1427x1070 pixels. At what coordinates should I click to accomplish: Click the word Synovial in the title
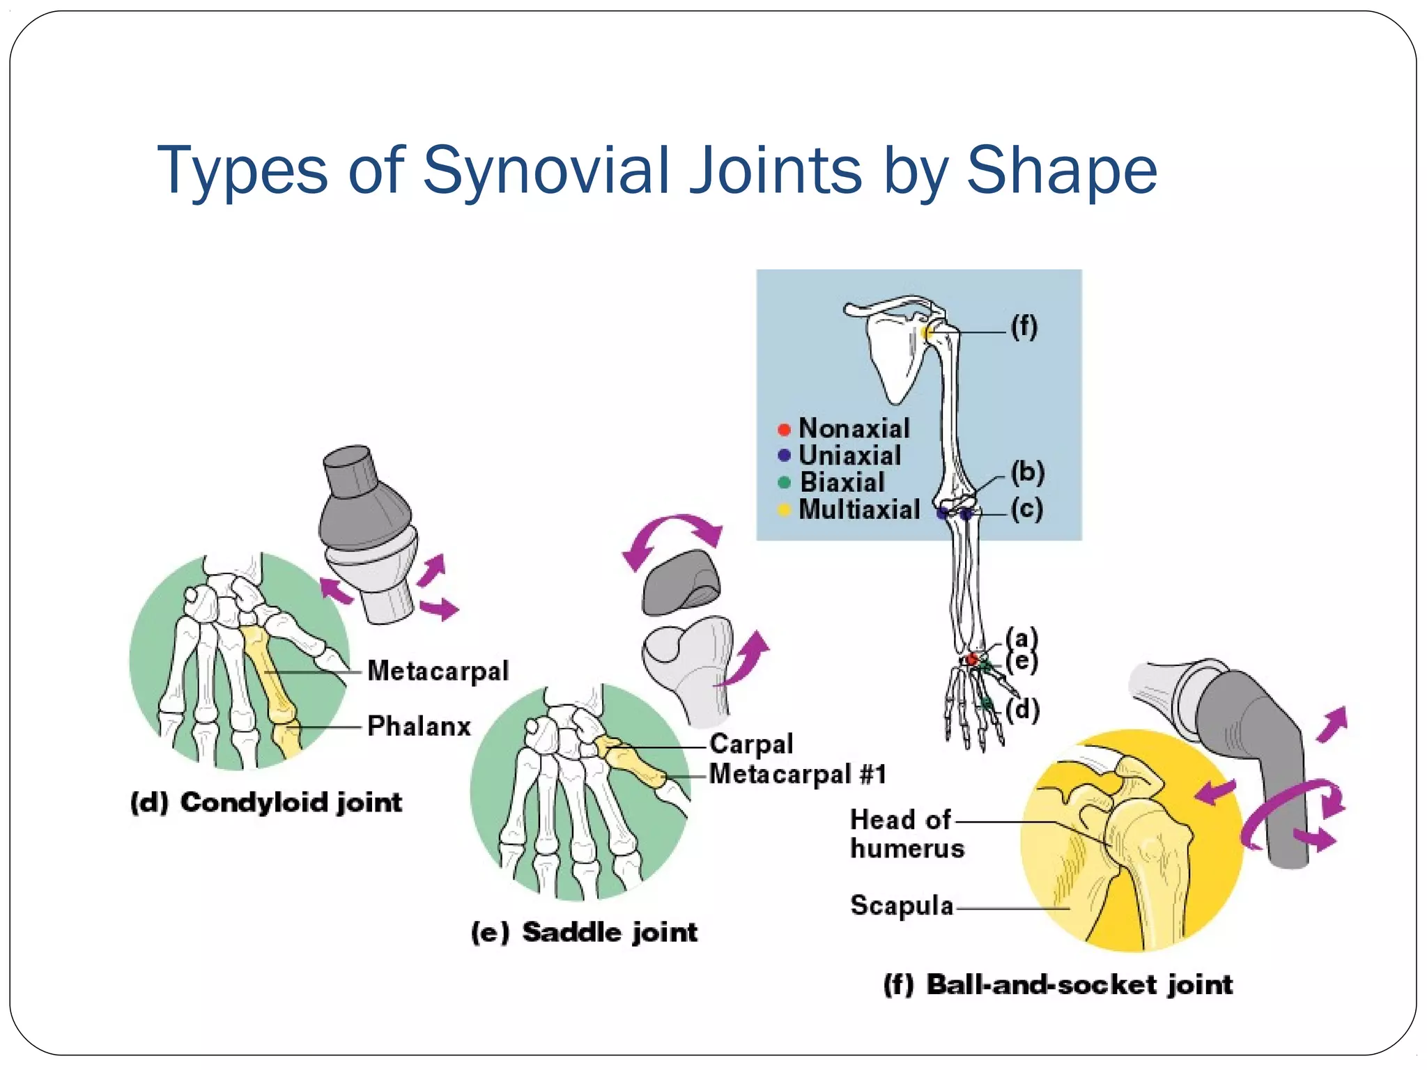pyautogui.click(x=547, y=170)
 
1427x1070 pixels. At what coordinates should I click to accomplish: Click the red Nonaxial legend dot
pyautogui.click(x=784, y=429)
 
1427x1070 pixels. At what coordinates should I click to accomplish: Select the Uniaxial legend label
pyautogui.click(x=849, y=456)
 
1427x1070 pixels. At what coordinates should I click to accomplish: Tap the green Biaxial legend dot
pyautogui.click(x=784, y=482)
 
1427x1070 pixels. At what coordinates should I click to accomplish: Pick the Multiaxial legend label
pyautogui.click(x=859, y=509)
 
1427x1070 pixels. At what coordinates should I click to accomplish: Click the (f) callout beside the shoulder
pyautogui.click(x=1024, y=326)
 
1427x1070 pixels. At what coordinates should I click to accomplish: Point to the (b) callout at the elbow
pyautogui.click(x=1028, y=472)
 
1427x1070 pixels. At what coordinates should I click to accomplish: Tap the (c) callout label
pyautogui.click(x=1027, y=509)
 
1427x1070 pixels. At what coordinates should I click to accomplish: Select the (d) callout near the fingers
pyautogui.click(x=1023, y=710)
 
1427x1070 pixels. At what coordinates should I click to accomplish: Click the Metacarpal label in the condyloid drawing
pyautogui.click(x=438, y=670)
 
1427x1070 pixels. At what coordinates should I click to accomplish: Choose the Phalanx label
pyautogui.click(x=419, y=726)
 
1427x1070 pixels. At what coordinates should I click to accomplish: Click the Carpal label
pyautogui.click(x=751, y=743)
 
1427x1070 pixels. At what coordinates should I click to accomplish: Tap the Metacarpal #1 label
pyautogui.click(x=798, y=774)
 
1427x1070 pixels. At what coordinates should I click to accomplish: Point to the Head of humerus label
pyautogui.click(x=907, y=834)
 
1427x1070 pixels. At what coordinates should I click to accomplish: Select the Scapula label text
pyautogui.click(x=902, y=905)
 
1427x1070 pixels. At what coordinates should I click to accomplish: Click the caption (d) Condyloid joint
pyautogui.click(x=266, y=802)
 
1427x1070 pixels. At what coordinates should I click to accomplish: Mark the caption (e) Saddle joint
pyautogui.click(x=584, y=932)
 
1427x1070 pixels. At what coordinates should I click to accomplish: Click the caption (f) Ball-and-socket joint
pyautogui.click(x=1058, y=985)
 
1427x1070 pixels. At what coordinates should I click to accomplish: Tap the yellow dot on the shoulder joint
pyautogui.click(x=928, y=332)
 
